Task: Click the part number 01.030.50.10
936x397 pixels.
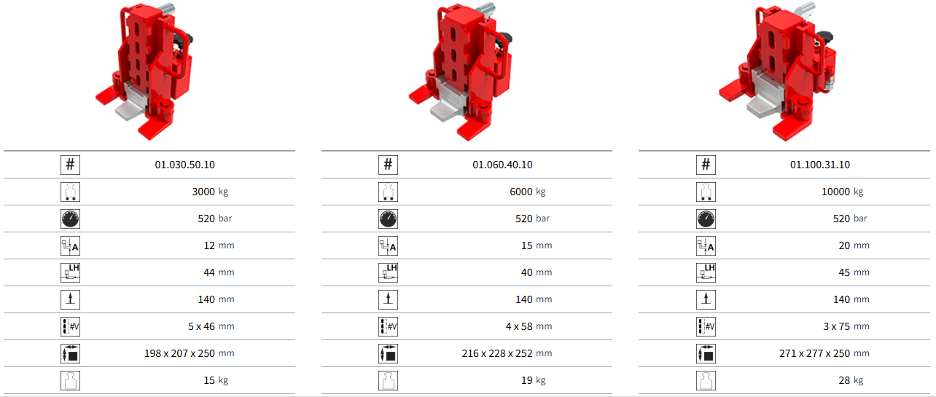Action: coord(184,165)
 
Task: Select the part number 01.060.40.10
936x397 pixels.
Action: coord(502,165)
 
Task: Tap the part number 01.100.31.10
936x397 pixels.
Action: coord(820,165)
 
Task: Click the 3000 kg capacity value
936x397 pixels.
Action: coord(210,192)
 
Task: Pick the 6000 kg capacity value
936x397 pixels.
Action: coord(528,192)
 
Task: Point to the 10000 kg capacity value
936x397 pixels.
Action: coord(843,192)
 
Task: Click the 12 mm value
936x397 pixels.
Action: coord(219,245)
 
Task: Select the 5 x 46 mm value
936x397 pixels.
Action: coord(211,326)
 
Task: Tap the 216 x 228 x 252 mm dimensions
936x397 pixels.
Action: coord(507,353)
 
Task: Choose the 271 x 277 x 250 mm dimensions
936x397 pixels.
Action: coord(824,353)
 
